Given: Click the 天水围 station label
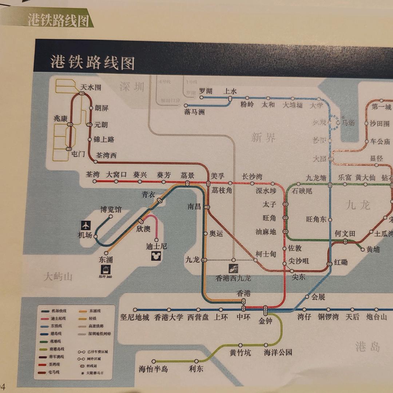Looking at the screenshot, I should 91,87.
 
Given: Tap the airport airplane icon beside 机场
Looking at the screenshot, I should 86,225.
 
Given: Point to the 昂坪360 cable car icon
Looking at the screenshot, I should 106,269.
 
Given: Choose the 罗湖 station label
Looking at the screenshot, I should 206,91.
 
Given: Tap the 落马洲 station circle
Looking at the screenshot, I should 186,106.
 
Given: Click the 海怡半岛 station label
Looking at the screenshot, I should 153,369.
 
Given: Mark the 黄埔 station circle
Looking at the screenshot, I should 362,249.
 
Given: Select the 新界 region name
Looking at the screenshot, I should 263,138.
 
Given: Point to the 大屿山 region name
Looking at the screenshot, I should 58,277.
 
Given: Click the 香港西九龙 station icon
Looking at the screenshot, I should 234,269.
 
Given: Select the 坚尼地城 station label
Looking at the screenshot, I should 135,317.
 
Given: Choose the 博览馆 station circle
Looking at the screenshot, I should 111,217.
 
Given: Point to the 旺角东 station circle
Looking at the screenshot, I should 330,219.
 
